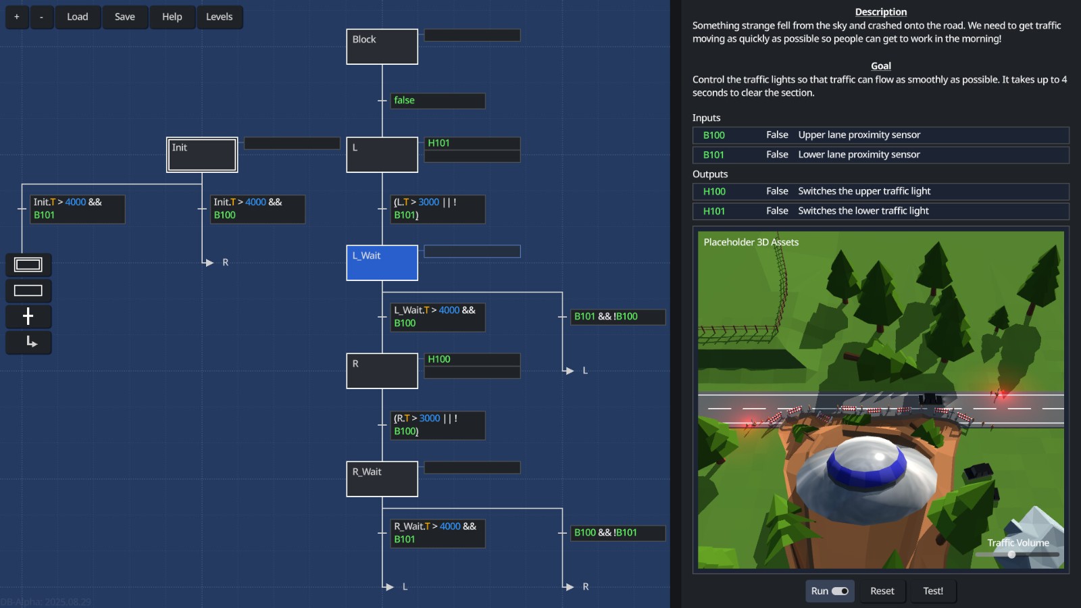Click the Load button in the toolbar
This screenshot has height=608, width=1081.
tap(77, 17)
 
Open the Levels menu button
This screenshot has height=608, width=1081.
tap(219, 17)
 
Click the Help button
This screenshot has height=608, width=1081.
tap(172, 17)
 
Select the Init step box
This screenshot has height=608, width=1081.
tap(202, 155)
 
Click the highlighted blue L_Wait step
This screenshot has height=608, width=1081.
tap(382, 263)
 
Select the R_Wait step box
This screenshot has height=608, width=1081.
tap(382, 479)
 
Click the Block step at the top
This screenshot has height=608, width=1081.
tap(382, 47)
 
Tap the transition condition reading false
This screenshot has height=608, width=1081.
tap(437, 101)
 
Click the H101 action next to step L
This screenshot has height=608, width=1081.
tap(472, 143)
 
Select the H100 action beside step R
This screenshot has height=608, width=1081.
tap(472, 359)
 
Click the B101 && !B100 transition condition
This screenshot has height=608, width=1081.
tap(618, 317)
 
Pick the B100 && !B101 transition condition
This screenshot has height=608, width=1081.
tap(618, 533)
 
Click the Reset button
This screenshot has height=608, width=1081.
tap(882, 591)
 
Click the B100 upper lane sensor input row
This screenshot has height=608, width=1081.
tap(880, 135)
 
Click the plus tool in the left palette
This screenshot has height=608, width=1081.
tap(28, 316)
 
